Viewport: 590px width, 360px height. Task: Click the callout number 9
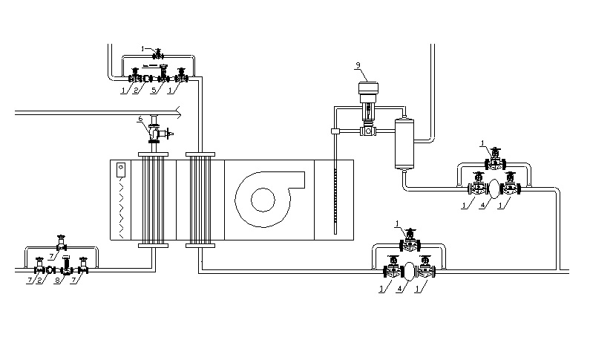(x=358, y=65)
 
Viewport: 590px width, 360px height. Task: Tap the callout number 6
(x=140, y=119)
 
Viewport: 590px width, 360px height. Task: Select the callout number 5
(x=154, y=91)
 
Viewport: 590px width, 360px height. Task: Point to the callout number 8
(x=56, y=281)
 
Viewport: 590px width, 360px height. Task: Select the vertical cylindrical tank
(x=405, y=142)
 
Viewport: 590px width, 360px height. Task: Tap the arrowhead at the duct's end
(x=178, y=113)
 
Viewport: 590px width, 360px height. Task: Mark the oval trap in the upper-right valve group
(x=492, y=186)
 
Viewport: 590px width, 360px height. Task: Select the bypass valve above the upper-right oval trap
(x=493, y=160)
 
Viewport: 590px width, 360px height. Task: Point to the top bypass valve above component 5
(x=157, y=53)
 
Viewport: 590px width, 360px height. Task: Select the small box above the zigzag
(x=121, y=169)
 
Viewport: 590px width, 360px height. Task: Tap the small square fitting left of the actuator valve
(x=335, y=132)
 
